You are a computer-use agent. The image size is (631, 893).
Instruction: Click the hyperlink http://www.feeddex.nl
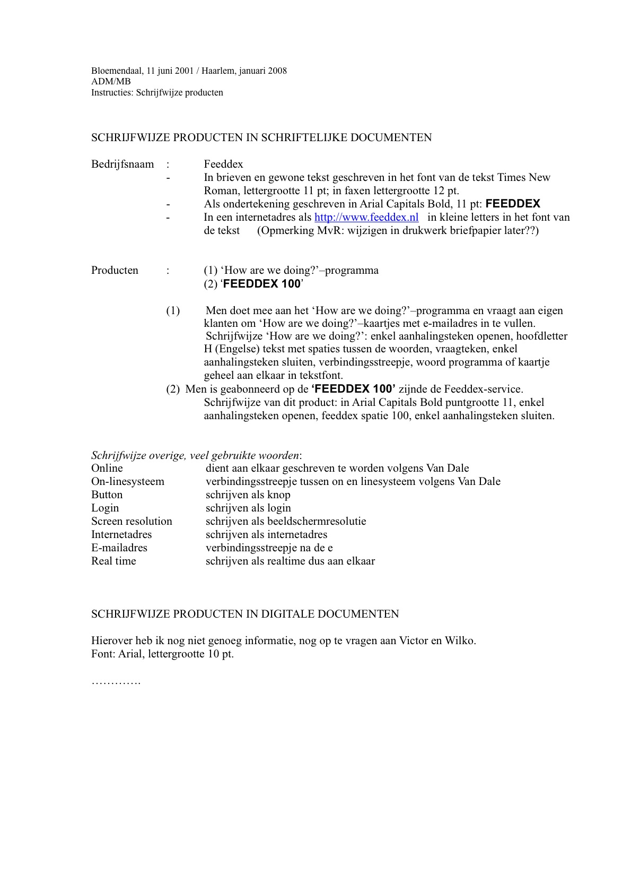pyautogui.click(x=366, y=217)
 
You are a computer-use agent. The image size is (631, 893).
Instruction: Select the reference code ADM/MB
pyautogui.click(x=111, y=82)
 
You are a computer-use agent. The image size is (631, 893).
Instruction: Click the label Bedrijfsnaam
pyautogui.click(x=122, y=164)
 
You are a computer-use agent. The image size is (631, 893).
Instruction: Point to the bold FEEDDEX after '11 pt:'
pyautogui.click(x=513, y=204)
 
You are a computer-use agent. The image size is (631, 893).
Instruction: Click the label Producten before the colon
pyautogui.click(x=115, y=270)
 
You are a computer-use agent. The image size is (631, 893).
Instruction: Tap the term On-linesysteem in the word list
pyautogui.click(x=128, y=481)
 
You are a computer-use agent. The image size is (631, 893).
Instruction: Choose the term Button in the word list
pyautogui.click(x=107, y=495)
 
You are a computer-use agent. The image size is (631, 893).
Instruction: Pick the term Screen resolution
pyautogui.click(x=132, y=521)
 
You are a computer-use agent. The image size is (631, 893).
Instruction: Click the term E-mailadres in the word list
pyautogui.click(x=119, y=548)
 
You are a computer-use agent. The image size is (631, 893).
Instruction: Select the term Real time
pyautogui.click(x=113, y=561)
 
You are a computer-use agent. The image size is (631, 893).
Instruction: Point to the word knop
pyautogui.click(x=279, y=495)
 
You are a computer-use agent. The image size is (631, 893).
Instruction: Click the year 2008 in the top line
pyautogui.click(x=277, y=71)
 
